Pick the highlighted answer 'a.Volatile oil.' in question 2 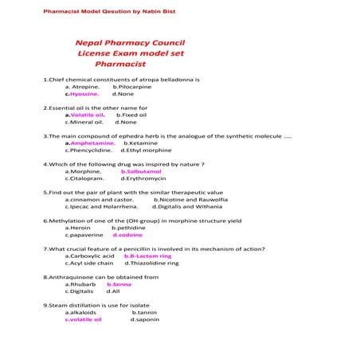click(x=85, y=115)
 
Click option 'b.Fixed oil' click(x=132, y=115)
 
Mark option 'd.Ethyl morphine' click(x=146, y=150)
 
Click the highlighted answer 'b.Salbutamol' click(x=141, y=171)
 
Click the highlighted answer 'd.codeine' click(x=127, y=235)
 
